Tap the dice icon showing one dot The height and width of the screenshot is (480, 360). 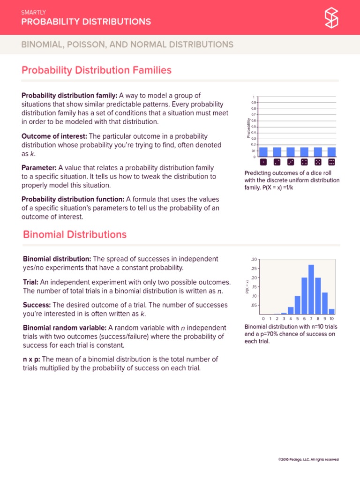(263, 162)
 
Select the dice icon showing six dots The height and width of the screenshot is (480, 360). (331, 162)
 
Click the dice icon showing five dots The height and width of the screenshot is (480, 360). (318, 162)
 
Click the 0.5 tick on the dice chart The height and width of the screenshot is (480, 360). (254, 127)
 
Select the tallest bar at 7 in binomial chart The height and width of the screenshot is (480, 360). (311, 289)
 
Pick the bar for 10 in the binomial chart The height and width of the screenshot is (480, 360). (332, 311)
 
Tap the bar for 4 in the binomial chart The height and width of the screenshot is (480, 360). (291, 310)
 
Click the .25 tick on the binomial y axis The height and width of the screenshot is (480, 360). (254, 269)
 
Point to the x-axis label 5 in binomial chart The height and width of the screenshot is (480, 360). (297, 319)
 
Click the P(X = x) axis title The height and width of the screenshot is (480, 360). (247, 287)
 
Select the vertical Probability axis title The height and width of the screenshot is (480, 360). (248, 128)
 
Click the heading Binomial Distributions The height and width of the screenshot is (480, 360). (75, 234)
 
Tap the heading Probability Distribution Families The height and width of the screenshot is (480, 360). (97, 70)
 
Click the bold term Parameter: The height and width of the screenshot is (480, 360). (39, 167)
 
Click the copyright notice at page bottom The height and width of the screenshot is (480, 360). (308, 460)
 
